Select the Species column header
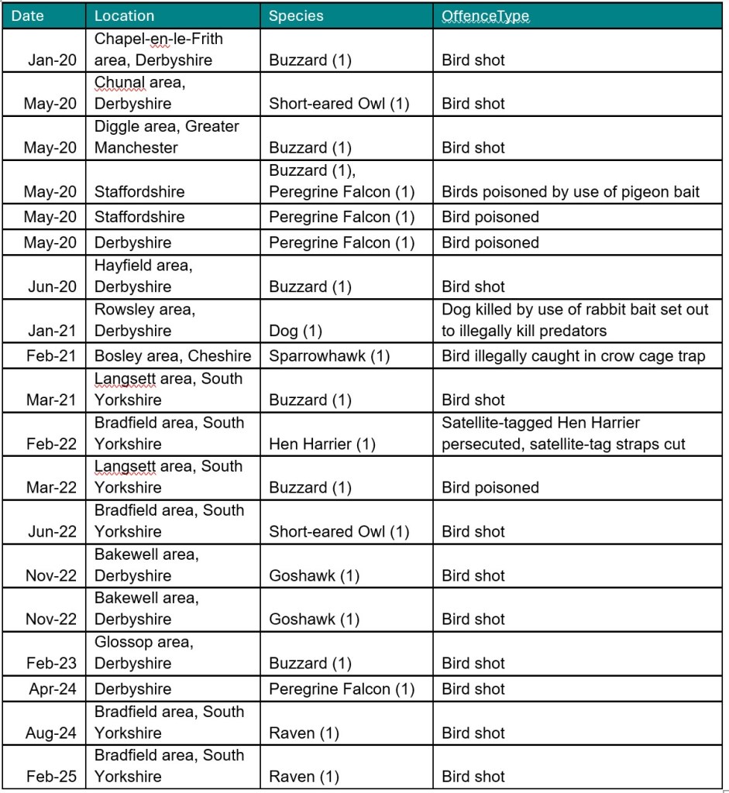296,15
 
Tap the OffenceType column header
485,15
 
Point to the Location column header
124,15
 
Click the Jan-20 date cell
52,60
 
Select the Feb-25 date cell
51,777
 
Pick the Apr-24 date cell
53,689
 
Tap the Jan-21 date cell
52,331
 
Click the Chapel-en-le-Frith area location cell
159,49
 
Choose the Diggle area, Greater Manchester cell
167,137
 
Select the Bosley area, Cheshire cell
173,356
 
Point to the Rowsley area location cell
145,320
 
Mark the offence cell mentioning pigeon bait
570,192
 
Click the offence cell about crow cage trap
573,356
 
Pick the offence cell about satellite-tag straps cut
574,434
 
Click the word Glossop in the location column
120,642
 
